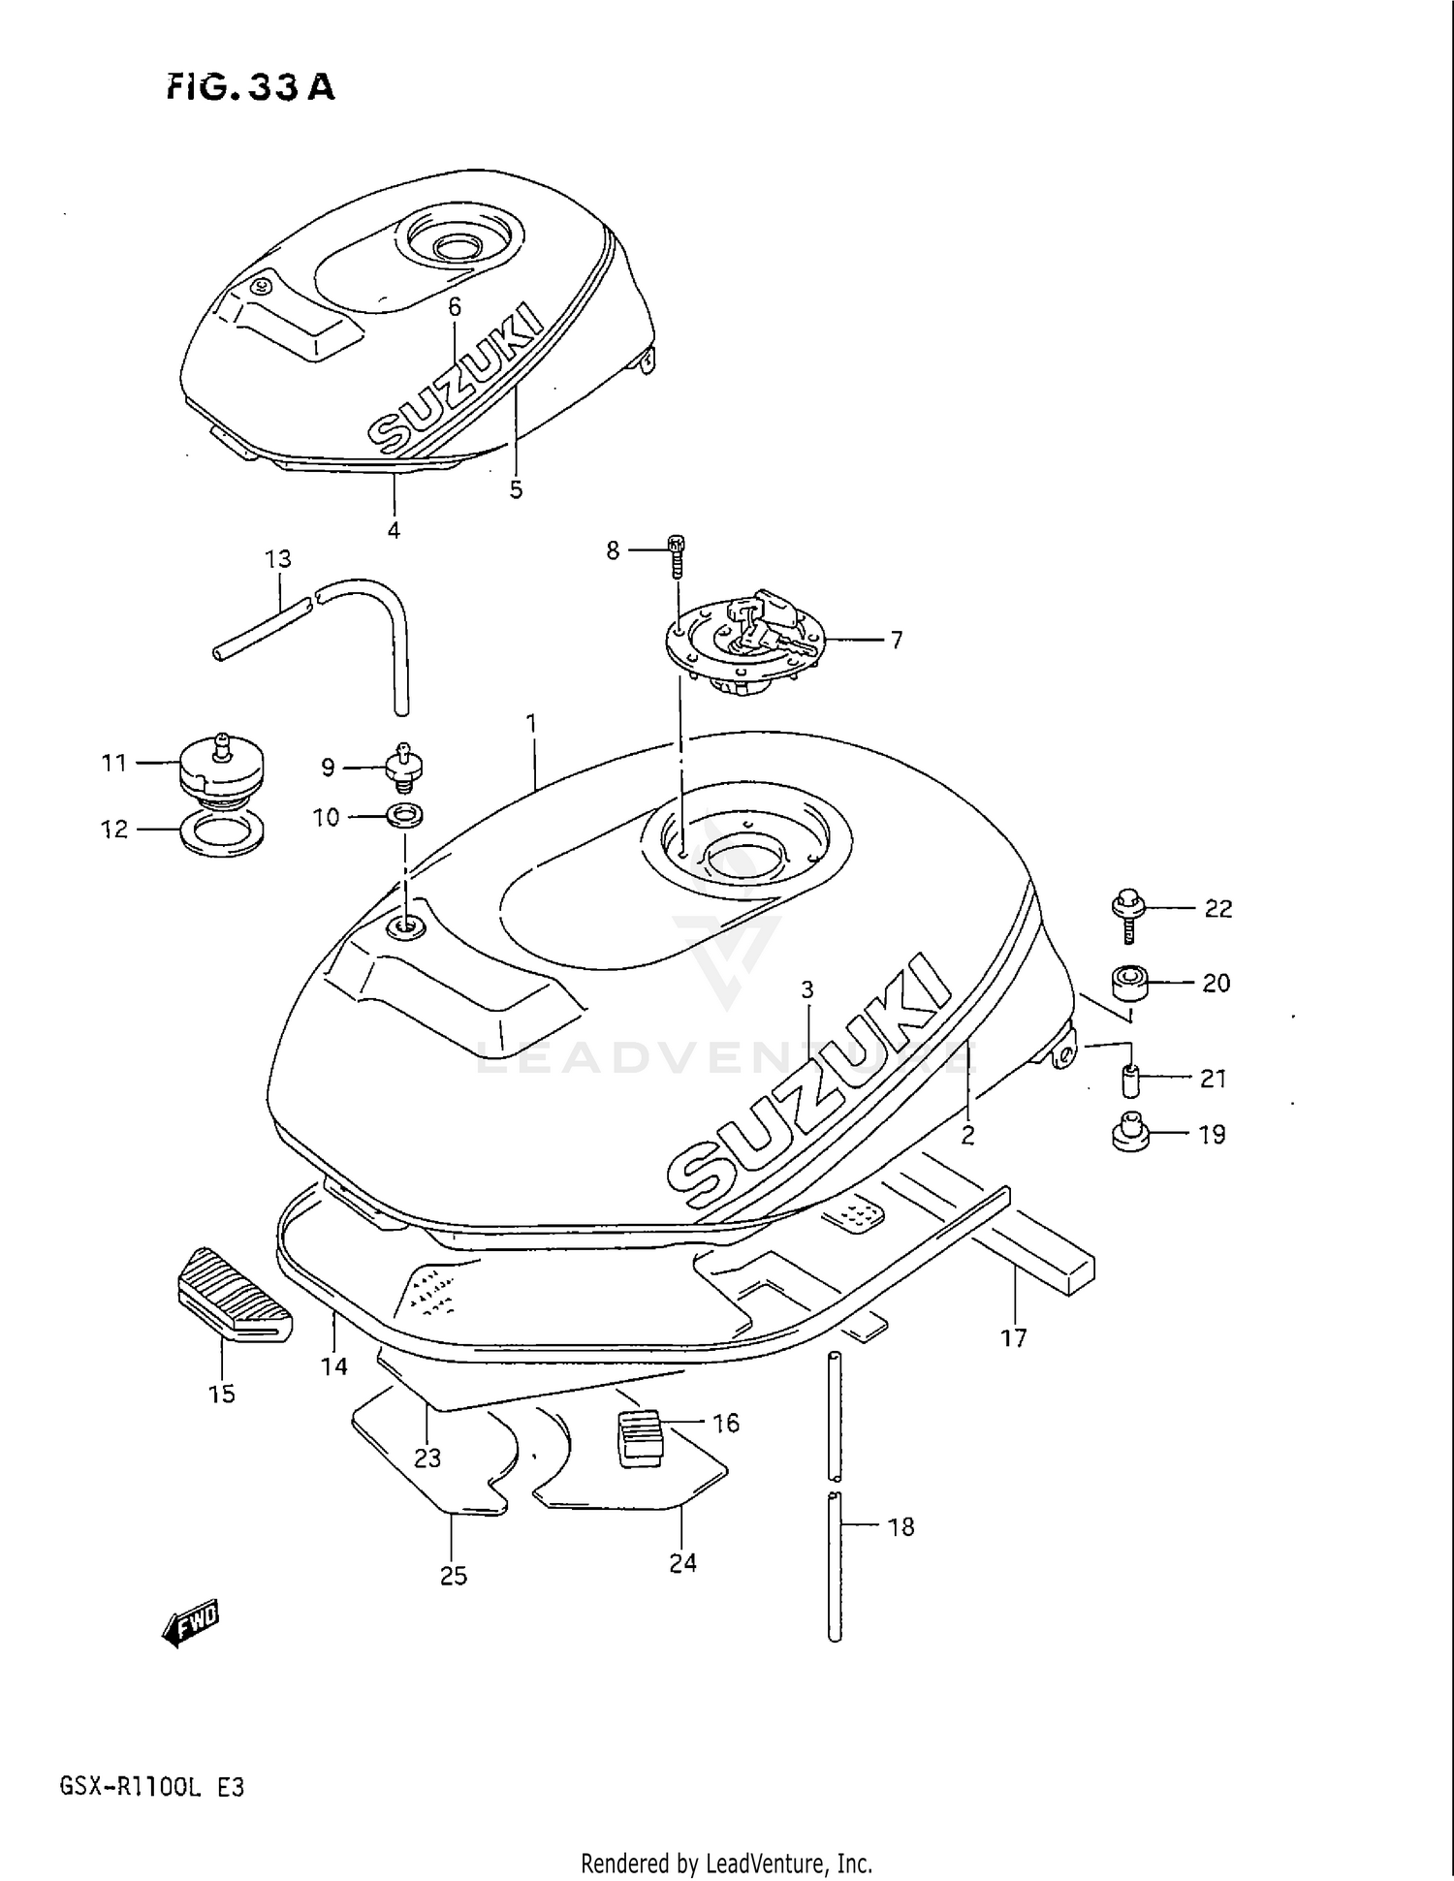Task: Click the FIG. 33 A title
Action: pos(250,87)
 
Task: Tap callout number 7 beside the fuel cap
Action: pos(897,640)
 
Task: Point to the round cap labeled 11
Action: pos(221,766)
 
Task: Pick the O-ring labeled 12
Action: pos(222,833)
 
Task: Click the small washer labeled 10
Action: pos(403,816)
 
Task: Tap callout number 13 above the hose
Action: pos(278,559)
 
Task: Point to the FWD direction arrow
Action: pos(191,1621)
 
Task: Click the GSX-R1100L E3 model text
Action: pos(152,1786)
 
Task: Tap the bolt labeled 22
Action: pos(1128,913)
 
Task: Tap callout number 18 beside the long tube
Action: pos(901,1527)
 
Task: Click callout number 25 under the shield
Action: pos(453,1576)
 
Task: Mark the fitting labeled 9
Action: pos(404,768)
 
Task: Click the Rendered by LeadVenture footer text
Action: pos(726,1863)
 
